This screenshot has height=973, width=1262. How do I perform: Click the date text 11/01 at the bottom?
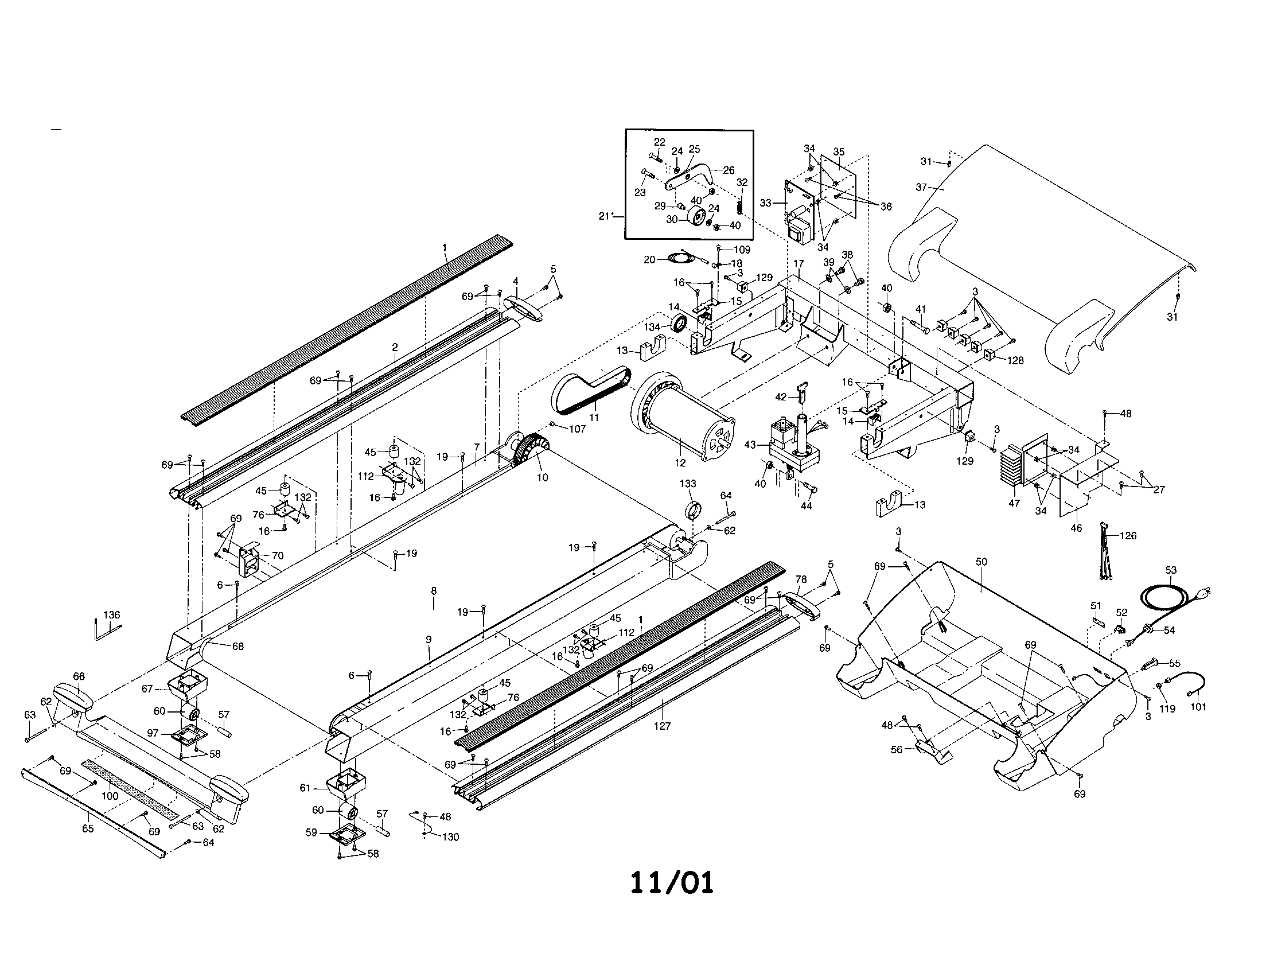pyautogui.click(x=672, y=883)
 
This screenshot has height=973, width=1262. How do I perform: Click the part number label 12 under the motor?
pyautogui.click(x=680, y=463)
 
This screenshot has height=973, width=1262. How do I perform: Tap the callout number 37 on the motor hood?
pyautogui.click(x=921, y=186)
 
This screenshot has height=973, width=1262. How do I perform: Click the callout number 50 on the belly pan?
pyautogui.click(x=981, y=562)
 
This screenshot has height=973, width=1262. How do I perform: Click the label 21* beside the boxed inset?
pyautogui.click(x=605, y=216)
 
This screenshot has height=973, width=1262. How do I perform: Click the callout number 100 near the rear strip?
pyautogui.click(x=110, y=796)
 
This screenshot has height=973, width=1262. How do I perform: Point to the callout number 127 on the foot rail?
pyautogui.click(x=662, y=726)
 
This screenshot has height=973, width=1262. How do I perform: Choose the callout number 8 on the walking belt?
pyautogui.click(x=433, y=591)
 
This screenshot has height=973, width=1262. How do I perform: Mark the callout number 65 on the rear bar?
pyautogui.click(x=87, y=828)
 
